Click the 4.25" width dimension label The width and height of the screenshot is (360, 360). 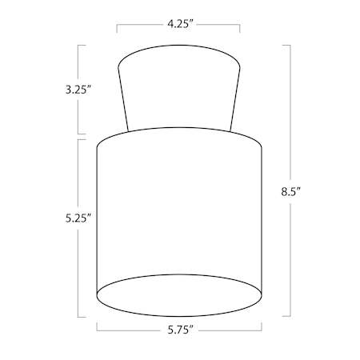(180, 24)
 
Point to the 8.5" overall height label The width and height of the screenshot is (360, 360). (290, 192)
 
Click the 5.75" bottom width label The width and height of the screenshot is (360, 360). (180, 330)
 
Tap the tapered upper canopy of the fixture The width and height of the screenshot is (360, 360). (179, 88)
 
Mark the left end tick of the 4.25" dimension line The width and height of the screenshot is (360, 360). (117, 29)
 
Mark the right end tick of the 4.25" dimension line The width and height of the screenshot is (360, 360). (240, 29)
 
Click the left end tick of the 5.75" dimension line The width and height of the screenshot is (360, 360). (97, 326)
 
